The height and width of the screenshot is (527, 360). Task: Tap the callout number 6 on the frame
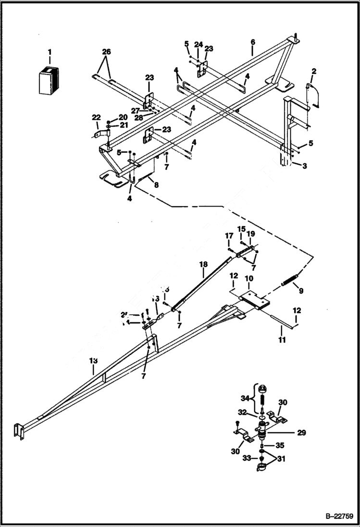(x=252, y=42)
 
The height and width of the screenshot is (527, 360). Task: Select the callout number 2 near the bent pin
(x=314, y=72)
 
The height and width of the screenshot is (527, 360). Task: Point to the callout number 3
(x=304, y=166)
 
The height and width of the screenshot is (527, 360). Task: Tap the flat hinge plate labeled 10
(x=255, y=301)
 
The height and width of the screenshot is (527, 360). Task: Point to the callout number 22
(x=97, y=118)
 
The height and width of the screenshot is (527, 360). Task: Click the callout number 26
(x=106, y=51)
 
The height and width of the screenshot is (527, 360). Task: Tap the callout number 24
(x=198, y=45)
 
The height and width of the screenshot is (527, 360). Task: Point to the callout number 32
(x=242, y=413)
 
